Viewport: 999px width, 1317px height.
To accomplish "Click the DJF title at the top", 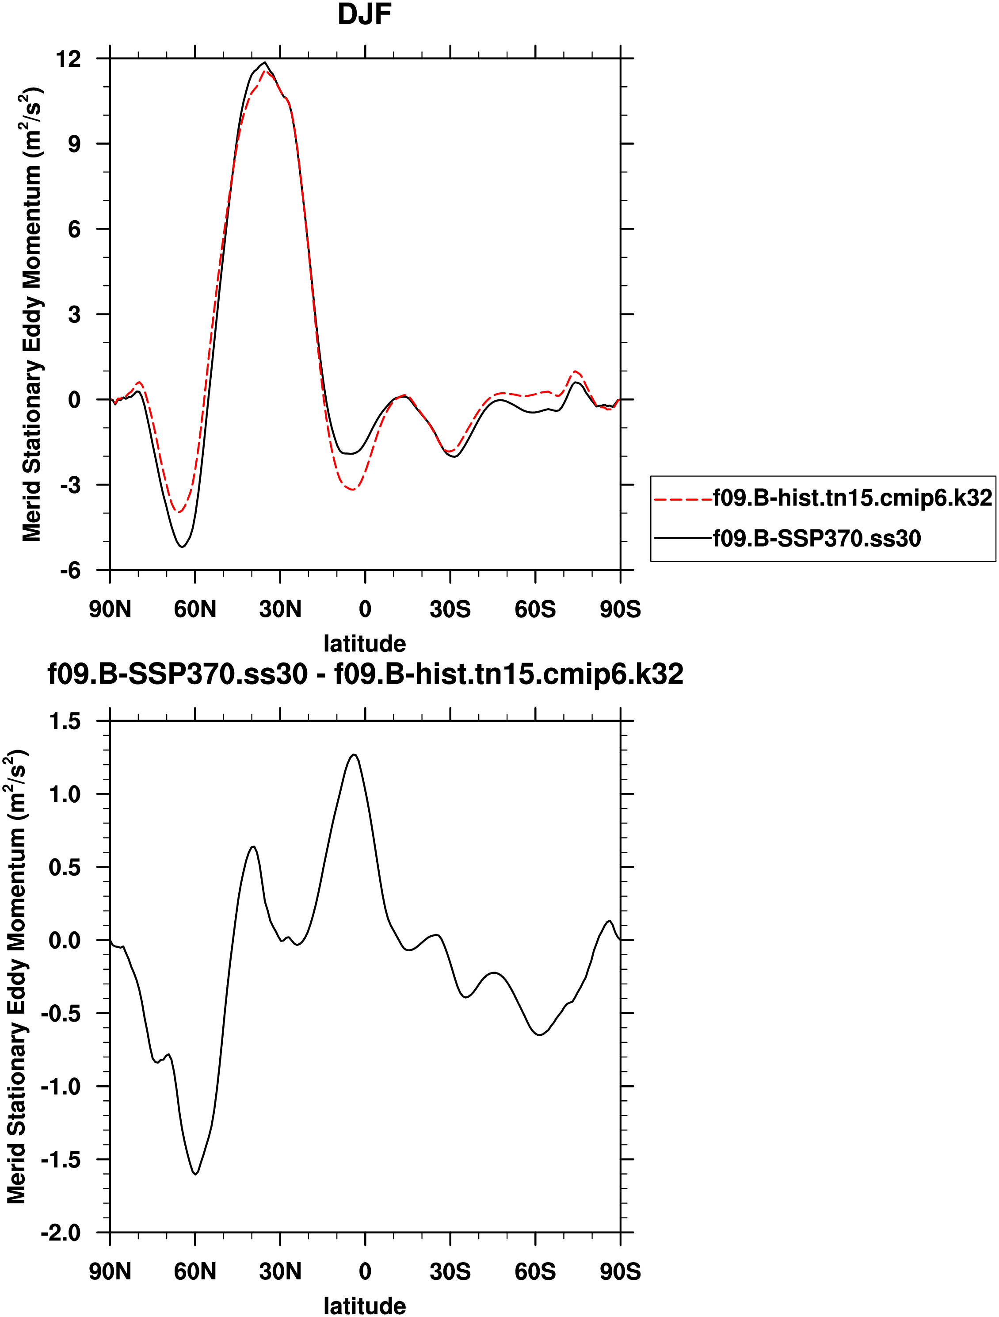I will pos(364,14).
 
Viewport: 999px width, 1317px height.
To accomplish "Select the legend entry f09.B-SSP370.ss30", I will pos(816,538).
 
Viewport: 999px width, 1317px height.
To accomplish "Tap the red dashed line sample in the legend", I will pos(683,498).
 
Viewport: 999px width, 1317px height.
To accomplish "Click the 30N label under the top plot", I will pos(280,609).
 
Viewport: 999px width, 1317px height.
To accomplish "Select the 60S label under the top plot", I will pos(535,609).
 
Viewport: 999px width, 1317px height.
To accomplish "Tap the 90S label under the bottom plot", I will pos(620,1272).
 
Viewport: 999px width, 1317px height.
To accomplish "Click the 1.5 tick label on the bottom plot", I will pos(64,721).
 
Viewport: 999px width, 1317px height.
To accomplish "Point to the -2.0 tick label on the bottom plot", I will pos(61,1233).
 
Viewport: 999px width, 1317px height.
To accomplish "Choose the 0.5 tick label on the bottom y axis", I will pos(64,867).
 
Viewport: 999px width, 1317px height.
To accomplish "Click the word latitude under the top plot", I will pos(364,643).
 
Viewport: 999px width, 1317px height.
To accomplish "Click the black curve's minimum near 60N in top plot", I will pos(182,547).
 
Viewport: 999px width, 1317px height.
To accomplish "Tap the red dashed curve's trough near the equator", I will pos(353,490).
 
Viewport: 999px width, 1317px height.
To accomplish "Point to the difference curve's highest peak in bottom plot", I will pos(354,754).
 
